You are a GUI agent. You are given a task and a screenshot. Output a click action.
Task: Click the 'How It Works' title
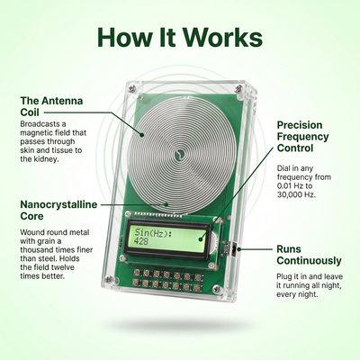point(180,37)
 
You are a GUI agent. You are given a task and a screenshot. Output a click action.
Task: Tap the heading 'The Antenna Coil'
point(51,106)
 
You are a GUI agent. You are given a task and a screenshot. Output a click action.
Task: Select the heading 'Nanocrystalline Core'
point(58,211)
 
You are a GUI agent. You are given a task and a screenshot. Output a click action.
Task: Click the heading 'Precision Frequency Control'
point(302,137)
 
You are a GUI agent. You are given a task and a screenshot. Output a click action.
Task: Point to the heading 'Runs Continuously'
point(309,255)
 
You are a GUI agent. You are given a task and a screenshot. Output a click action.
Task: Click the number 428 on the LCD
point(141,241)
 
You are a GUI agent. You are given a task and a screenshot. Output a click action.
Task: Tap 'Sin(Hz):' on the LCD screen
point(153,232)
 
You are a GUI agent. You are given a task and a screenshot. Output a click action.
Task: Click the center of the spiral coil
point(180,153)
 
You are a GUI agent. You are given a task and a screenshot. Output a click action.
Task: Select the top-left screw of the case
point(131,88)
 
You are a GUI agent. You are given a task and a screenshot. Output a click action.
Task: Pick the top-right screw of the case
point(238,88)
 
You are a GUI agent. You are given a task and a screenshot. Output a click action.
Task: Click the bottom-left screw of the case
point(109,279)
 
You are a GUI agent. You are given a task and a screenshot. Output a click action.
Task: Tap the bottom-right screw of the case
point(216,289)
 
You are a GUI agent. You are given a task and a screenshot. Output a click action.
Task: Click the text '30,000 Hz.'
point(296,194)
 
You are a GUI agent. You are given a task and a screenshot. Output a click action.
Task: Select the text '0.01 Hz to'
point(294,185)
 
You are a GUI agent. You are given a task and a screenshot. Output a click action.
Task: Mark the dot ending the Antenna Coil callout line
point(142,135)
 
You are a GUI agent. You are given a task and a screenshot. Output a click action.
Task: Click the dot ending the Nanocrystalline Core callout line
point(166,204)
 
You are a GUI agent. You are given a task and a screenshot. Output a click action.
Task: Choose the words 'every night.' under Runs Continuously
point(297,294)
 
